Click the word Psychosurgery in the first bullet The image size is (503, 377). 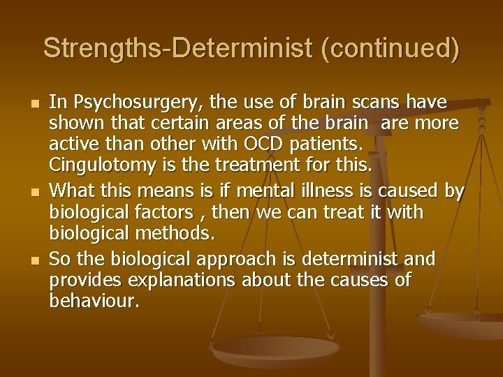click(x=124, y=103)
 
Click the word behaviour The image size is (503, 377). click(x=94, y=302)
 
